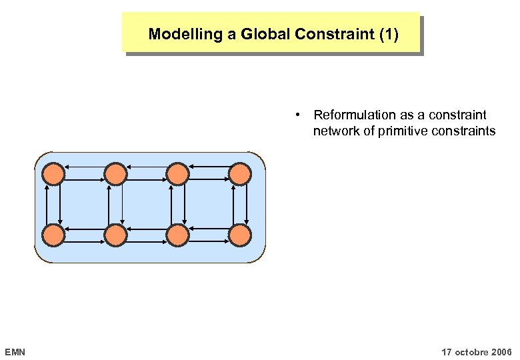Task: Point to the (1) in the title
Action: [x=388, y=34]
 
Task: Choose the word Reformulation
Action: [x=354, y=115]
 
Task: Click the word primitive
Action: [x=403, y=131]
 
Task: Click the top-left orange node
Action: [x=54, y=174]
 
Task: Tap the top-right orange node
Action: [x=239, y=174]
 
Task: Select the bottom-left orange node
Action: [x=54, y=235]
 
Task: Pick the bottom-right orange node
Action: [x=239, y=235]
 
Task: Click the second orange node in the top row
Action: [x=115, y=174]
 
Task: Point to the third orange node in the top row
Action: [x=177, y=174]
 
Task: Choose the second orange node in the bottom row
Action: [x=115, y=235]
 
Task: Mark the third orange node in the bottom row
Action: [x=177, y=235]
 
